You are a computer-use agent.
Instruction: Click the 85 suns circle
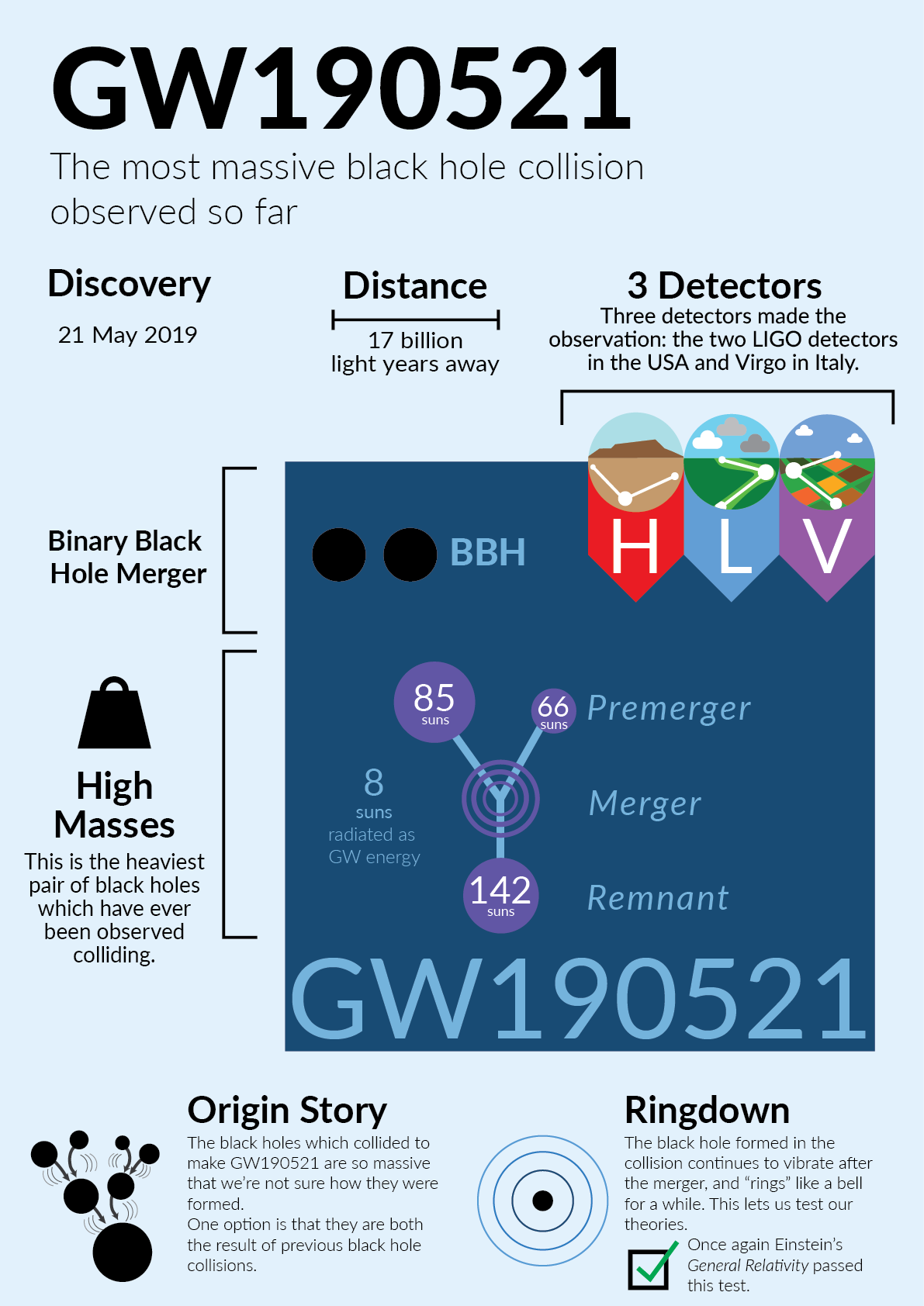click(434, 702)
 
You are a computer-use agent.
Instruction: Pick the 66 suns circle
click(553, 710)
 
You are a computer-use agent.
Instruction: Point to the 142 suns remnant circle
click(500, 895)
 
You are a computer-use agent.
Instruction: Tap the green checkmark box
click(649, 1270)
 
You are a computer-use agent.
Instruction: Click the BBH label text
click(488, 553)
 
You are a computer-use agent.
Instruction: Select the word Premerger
click(669, 708)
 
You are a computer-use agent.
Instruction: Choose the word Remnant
click(658, 898)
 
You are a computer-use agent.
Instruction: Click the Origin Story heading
click(287, 1111)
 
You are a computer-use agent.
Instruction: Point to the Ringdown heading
click(707, 1111)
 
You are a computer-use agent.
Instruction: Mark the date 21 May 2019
click(128, 335)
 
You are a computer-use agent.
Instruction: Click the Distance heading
click(415, 286)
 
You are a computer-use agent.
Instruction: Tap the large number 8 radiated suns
click(374, 783)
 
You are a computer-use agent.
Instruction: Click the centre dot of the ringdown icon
click(543, 1201)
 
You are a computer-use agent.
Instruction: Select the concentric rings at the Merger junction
click(500, 798)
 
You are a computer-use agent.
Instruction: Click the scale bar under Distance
click(415, 320)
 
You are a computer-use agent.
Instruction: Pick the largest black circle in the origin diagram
click(123, 1252)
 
